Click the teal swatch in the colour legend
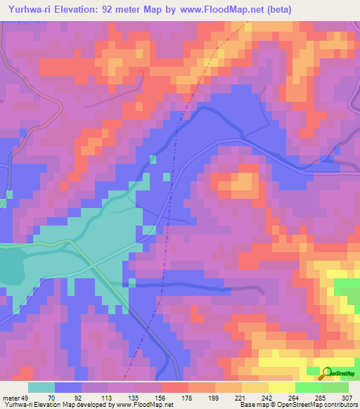coord(41,387)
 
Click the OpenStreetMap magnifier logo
coord(327,373)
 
